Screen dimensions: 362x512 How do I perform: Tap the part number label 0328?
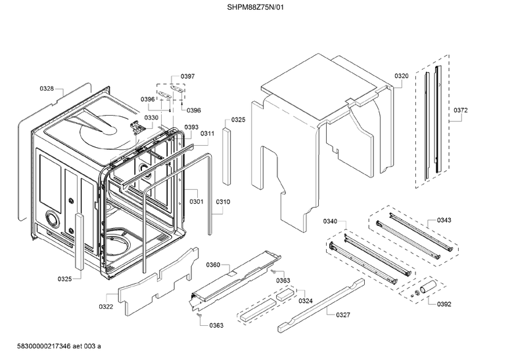pyautogui.click(x=47, y=88)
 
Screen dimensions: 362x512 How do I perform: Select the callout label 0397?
pyautogui.click(x=187, y=77)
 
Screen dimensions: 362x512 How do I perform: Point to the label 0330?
pyautogui.click(x=152, y=118)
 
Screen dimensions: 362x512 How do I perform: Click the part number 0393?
pyautogui.click(x=191, y=127)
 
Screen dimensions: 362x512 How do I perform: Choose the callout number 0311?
pyautogui.click(x=208, y=133)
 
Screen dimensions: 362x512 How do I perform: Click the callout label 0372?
pyautogui.click(x=460, y=110)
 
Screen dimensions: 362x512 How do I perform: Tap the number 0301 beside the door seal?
pyautogui.click(x=197, y=202)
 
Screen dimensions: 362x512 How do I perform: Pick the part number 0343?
pyautogui.click(x=444, y=221)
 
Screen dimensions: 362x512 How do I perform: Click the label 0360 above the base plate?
pyautogui.click(x=213, y=265)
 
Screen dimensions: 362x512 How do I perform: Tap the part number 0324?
pyautogui.click(x=306, y=301)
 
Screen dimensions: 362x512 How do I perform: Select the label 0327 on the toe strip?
pyautogui.click(x=342, y=315)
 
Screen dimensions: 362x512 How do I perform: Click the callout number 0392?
pyautogui.click(x=444, y=304)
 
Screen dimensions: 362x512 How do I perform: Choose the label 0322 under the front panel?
pyautogui.click(x=106, y=306)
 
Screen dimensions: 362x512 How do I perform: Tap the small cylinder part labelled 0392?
pyautogui.click(x=429, y=286)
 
